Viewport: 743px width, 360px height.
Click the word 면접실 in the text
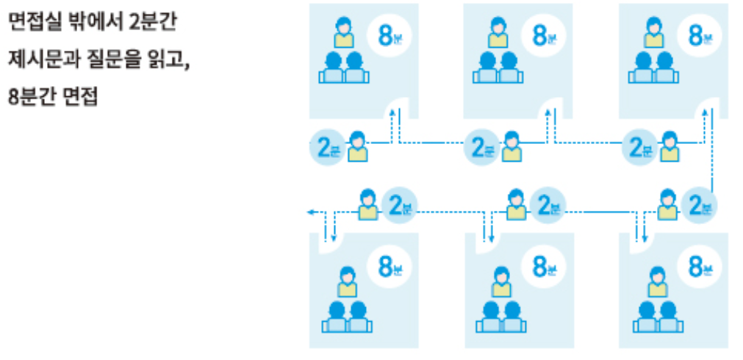(x=28, y=22)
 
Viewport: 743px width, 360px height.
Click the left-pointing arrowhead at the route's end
(x=311, y=212)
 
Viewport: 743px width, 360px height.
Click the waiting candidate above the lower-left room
(x=369, y=205)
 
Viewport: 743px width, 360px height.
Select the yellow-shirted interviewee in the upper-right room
(x=651, y=32)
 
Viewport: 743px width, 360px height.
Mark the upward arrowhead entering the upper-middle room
(x=547, y=112)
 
